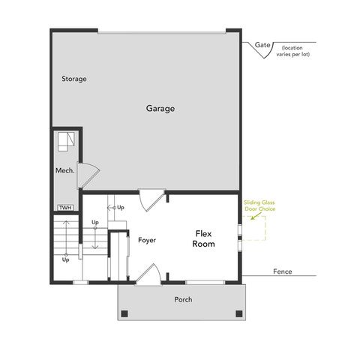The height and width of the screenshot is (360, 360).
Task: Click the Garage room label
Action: pyautogui.click(x=160, y=109)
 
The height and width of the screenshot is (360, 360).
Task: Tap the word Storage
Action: pyautogui.click(x=74, y=79)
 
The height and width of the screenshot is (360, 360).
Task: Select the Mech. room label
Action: pyautogui.click(x=64, y=171)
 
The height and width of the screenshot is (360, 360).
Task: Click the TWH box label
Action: pyautogui.click(x=64, y=207)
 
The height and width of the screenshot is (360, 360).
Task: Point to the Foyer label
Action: pyautogui.click(x=146, y=240)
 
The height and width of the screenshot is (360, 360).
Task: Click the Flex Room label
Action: pyautogui.click(x=203, y=238)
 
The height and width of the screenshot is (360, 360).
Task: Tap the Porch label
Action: pyautogui.click(x=183, y=299)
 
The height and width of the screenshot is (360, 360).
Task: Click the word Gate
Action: pyautogui.click(x=262, y=45)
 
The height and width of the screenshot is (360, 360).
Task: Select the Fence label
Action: pyautogui.click(x=283, y=271)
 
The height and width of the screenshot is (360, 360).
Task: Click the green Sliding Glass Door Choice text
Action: pyautogui.click(x=259, y=205)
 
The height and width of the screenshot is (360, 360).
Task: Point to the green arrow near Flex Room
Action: pyautogui.click(x=257, y=217)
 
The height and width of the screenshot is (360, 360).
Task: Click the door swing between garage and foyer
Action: pyautogui.click(x=152, y=199)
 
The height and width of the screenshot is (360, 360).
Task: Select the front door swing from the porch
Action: pyautogui.click(x=146, y=274)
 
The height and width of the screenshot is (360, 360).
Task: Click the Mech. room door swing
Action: pyautogui.click(x=87, y=174)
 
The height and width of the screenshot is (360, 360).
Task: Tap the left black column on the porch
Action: pyautogui.click(x=124, y=313)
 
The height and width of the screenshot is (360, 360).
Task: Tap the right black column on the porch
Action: pyautogui.click(x=238, y=313)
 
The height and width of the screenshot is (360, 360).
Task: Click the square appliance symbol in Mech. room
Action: pyautogui.click(x=65, y=140)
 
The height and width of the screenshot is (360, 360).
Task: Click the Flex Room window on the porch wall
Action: pyautogui.click(x=205, y=282)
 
